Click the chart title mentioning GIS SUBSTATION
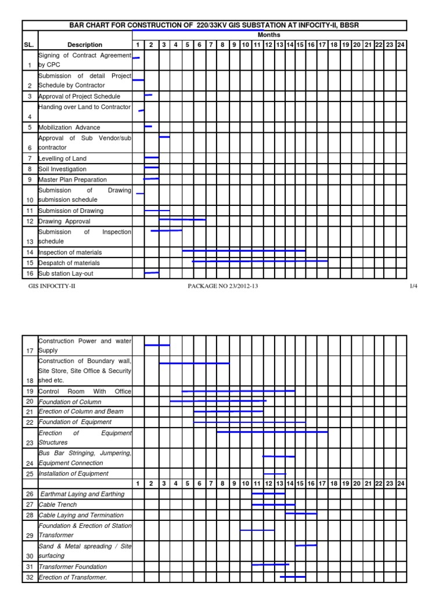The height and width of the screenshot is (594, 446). (215, 25)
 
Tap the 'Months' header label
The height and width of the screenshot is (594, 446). (269, 35)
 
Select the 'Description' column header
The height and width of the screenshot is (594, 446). (85, 45)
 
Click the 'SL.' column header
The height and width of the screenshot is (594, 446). (30, 45)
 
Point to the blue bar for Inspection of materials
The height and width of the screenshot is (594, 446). (244, 251)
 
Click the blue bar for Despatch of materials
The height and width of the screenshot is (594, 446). (260, 261)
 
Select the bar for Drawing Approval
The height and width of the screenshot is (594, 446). (182, 220)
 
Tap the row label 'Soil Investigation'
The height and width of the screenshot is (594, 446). (63, 169)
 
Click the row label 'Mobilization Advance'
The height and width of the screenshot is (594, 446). (70, 128)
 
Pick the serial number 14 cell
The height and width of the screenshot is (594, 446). (30, 252)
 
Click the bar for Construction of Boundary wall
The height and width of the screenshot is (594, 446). (194, 363)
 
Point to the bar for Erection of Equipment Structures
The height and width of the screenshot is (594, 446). (272, 432)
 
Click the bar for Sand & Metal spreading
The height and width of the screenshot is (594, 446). (306, 545)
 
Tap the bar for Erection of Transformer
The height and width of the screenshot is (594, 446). (293, 577)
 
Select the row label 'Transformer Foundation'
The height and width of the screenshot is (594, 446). (73, 567)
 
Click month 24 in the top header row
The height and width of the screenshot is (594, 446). (401, 45)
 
